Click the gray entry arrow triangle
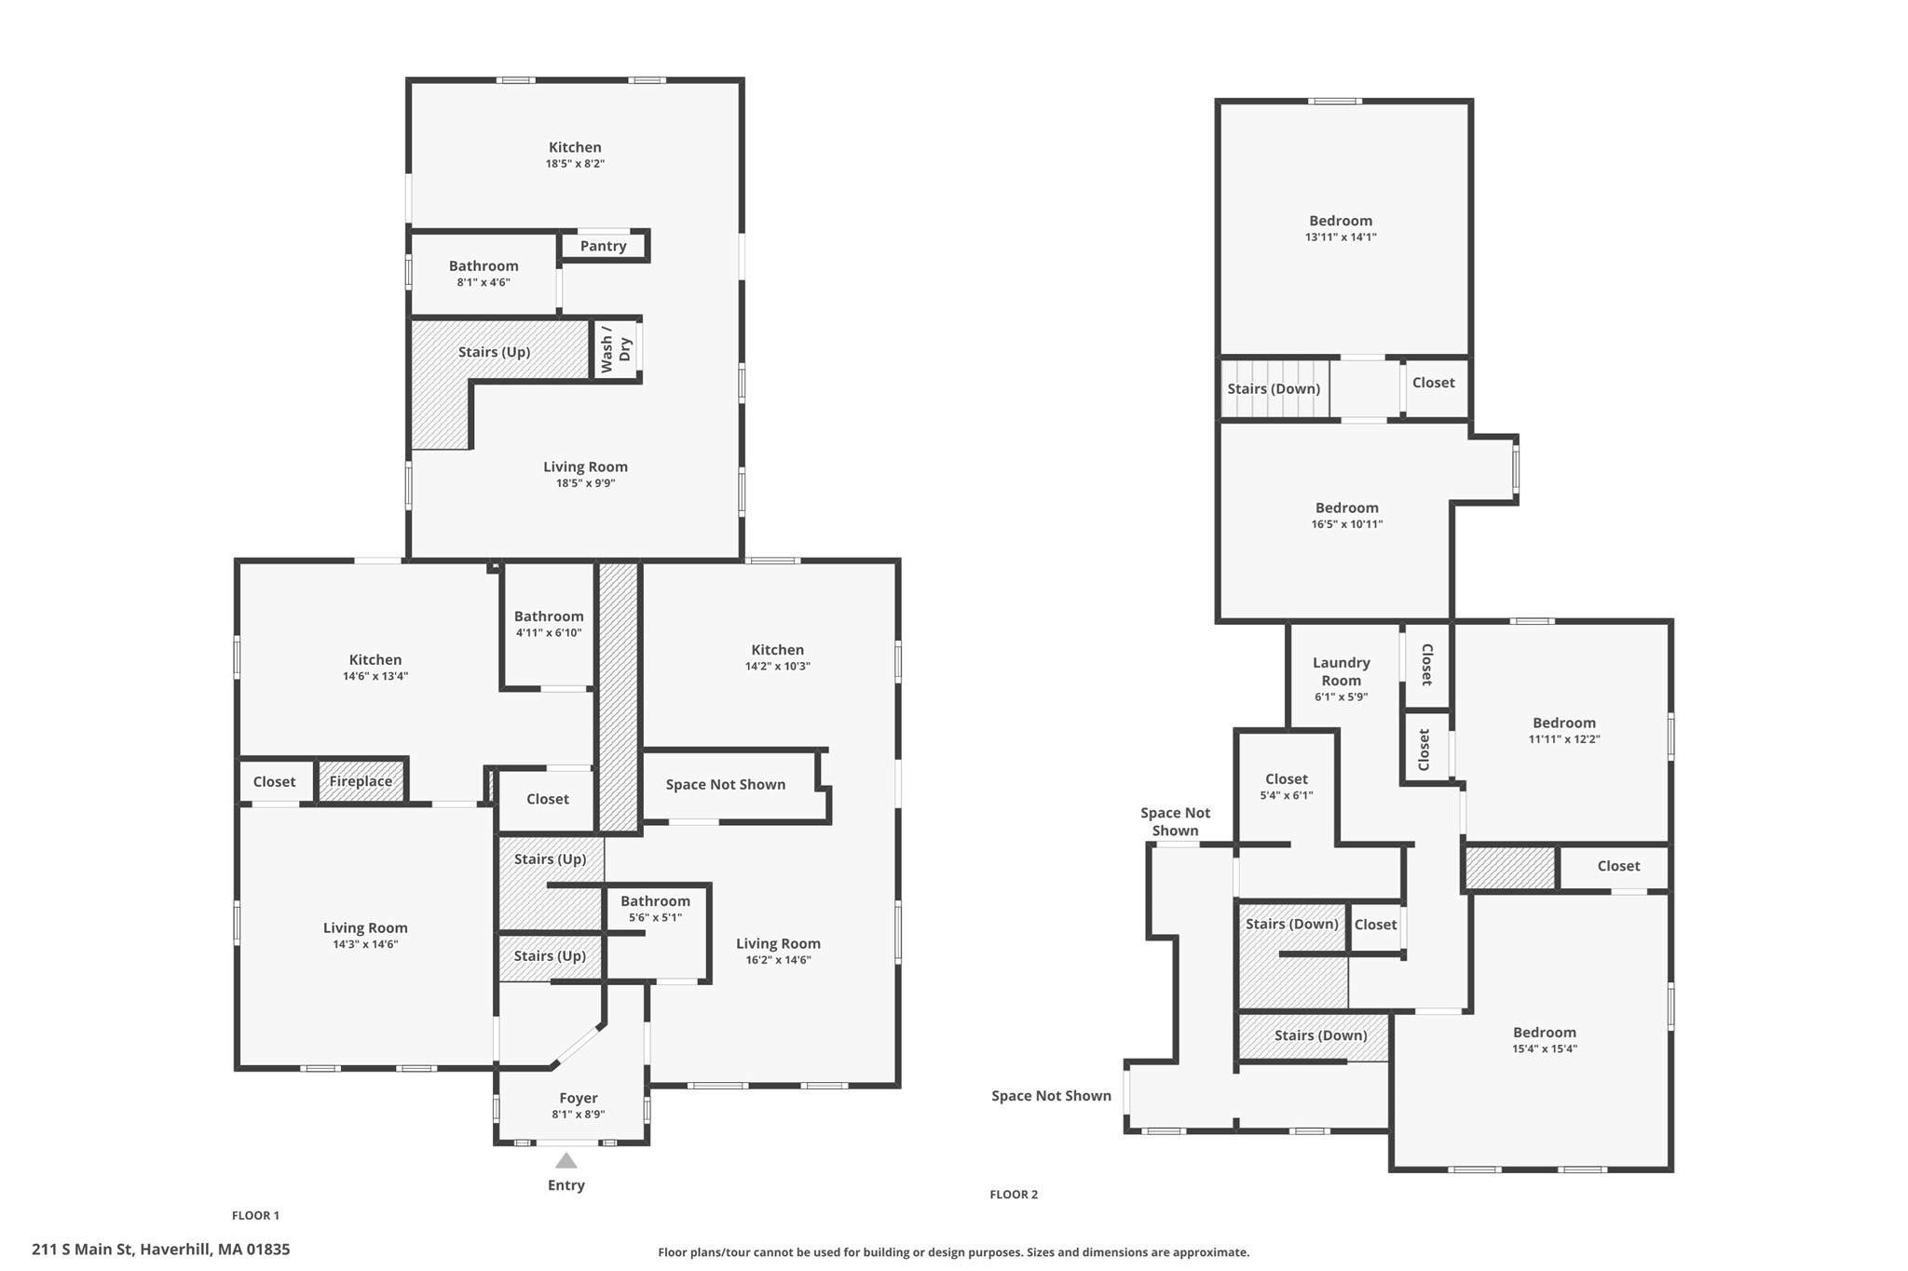click(566, 1161)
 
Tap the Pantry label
click(603, 246)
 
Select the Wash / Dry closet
click(616, 349)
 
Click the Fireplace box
click(361, 781)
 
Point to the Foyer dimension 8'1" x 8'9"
click(578, 1115)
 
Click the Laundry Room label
click(1341, 671)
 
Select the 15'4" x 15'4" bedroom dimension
click(1544, 1048)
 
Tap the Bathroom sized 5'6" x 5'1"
click(655, 908)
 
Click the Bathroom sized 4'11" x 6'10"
click(549, 623)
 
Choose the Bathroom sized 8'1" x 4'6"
click(484, 273)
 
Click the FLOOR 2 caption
click(1014, 1195)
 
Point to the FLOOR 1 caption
click(255, 1215)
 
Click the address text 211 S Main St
click(160, 1250)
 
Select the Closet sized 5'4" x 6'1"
click(1286, 786)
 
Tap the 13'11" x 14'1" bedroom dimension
click(1340, 237)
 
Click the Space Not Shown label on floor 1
click(725, 784)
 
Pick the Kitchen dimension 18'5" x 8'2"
click(575, 164)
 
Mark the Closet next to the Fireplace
click(274, 782)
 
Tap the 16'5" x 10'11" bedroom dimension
click(1346, 524)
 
